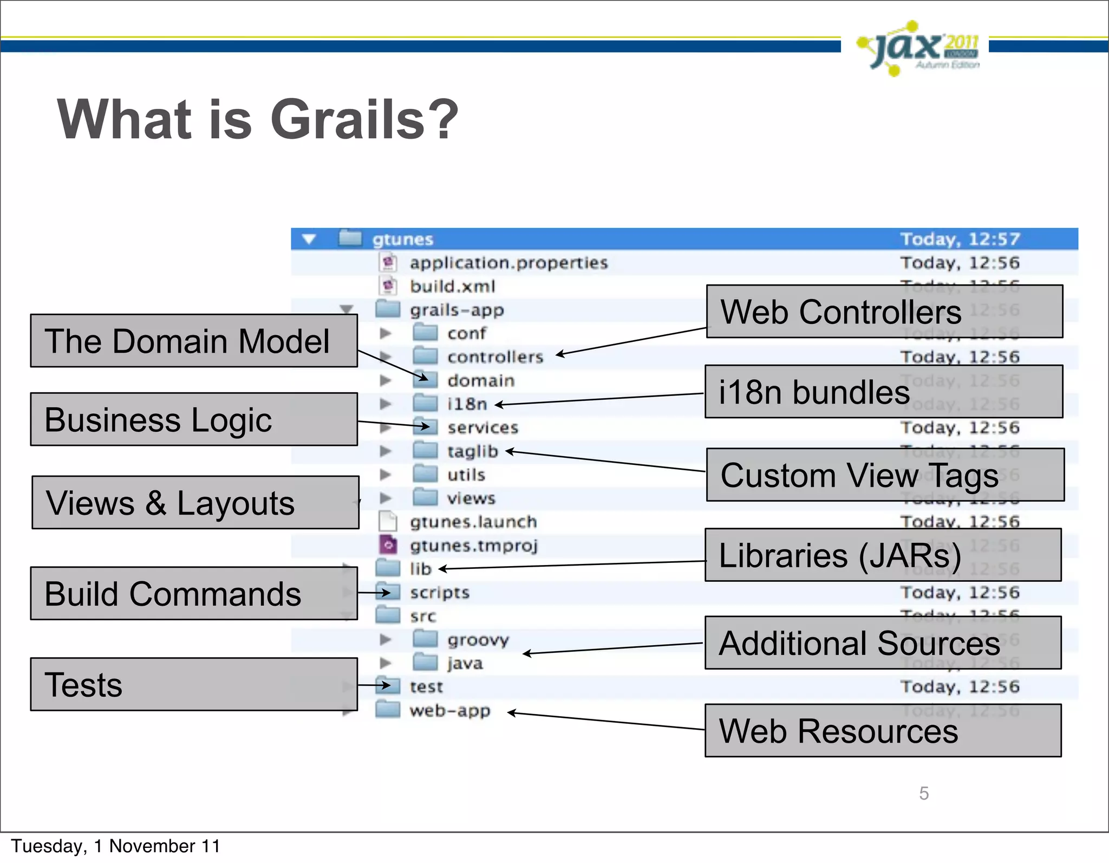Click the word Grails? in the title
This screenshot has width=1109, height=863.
[x=364, y=120]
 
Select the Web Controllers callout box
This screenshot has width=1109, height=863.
[x=884, y=312]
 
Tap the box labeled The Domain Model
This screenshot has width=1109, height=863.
[x=193, y=341]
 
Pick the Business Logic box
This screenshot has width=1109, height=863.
[x=193, y=419]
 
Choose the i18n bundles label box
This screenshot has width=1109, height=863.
[x=883, y=392]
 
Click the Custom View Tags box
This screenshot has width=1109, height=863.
[x=885, y=475]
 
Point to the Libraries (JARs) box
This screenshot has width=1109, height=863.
[x=883, y=555]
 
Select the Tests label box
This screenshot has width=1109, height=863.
[x=193, y=684]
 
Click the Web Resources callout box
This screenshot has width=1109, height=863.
[x=883, y=730]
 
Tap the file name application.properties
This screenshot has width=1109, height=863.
[x=508, y=263]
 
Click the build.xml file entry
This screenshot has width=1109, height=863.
[x=452, y=287]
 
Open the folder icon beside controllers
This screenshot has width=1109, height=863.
[x=425, y=356]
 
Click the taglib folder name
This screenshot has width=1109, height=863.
[x=472, y=451]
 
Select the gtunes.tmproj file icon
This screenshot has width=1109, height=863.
[x=388, y=545]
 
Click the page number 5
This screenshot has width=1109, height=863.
[x=924, y=793]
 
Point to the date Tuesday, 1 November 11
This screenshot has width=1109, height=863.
[x=115, y=846]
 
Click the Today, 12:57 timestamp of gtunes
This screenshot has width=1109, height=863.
[x=960, y=239]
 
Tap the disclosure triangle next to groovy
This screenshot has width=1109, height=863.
[x=385, y=640]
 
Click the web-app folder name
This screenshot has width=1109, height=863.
[x=449, y=711]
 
